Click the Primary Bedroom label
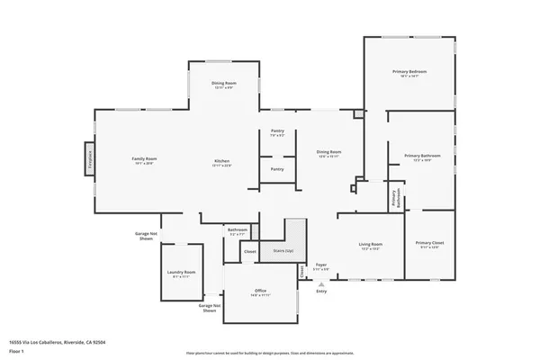[409, 72]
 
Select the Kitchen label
[221, 161]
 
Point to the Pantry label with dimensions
[277, 132]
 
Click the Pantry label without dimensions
[277, 168]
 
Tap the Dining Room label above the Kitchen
[224, 85]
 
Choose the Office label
[260, 292]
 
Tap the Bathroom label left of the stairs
[238, 230]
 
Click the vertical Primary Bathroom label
[394, 197]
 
